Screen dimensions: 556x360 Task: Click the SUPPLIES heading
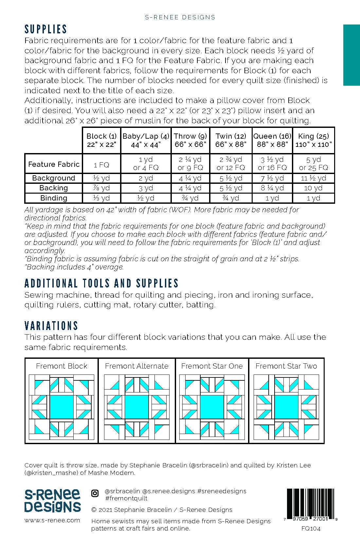[x=46, y=29]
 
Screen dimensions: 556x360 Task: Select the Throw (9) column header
[x=190, y=140]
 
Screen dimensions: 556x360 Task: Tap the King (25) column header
[x=314, y=140]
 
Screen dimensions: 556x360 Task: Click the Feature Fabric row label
[x=54, y=164]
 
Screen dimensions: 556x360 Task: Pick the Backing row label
[x=54, y=188]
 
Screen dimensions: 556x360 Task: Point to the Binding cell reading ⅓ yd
[x=101, y=198]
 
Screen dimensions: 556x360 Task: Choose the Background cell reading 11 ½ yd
[x=314, y=178]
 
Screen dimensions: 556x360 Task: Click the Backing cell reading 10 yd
[x=314, y=188]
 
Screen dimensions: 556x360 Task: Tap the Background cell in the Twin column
[x=231, y=178]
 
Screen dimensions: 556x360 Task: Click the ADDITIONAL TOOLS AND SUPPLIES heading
[x=101, y=283]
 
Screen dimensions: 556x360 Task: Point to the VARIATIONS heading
[x=51, y=326]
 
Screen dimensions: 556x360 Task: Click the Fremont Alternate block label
[x=137, y=366]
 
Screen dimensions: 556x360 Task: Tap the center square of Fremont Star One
[x=211, y=407]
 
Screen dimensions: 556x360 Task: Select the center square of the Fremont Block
[x=62, y=407]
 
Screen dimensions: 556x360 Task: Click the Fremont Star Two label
[x=286, y=366]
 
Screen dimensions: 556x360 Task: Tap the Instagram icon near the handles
[x=95, y=494]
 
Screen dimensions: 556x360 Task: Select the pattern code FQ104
[x=311, y=528]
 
